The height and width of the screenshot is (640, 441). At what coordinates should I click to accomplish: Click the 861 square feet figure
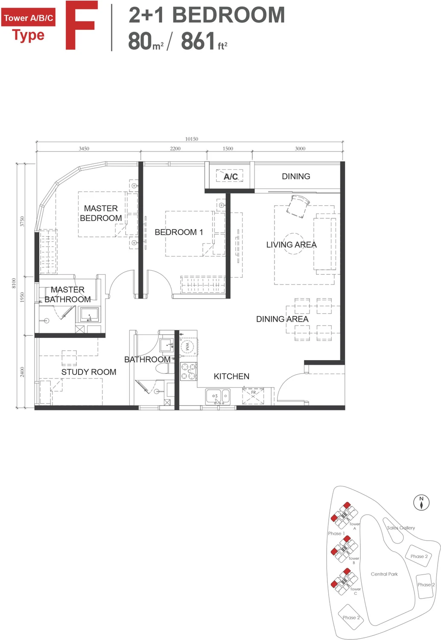point(204,41)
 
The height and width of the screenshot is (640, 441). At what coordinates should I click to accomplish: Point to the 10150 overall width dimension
point(192,139)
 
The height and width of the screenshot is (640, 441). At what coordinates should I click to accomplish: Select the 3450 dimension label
point(84,148)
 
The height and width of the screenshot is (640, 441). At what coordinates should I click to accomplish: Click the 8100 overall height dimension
point(14,283)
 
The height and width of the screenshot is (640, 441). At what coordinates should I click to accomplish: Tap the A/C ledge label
point(231,177)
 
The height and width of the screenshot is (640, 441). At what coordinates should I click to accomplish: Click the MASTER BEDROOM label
point(101,213)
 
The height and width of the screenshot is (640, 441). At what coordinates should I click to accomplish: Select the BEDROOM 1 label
point(179,232)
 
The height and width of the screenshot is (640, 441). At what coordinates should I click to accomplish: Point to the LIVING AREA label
point(292,244)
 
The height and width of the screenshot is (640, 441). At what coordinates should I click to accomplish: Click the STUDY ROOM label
point(89,372)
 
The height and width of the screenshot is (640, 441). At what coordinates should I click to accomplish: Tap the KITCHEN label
point(231,376)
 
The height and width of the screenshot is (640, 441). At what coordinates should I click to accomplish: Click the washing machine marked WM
point(187,346)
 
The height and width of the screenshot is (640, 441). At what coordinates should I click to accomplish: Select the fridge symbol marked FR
point(253,396)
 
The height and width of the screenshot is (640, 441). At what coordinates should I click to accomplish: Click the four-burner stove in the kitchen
point(189,371)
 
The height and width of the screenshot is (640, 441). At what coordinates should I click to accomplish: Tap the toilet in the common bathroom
point(164,368)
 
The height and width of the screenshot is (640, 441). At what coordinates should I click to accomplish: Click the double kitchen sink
point(218,396)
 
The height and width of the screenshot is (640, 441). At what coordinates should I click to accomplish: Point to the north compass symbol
point(421,502)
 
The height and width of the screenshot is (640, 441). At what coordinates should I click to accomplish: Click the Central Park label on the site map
point(384,574)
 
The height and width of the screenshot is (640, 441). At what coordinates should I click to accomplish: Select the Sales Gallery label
point(401,528)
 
